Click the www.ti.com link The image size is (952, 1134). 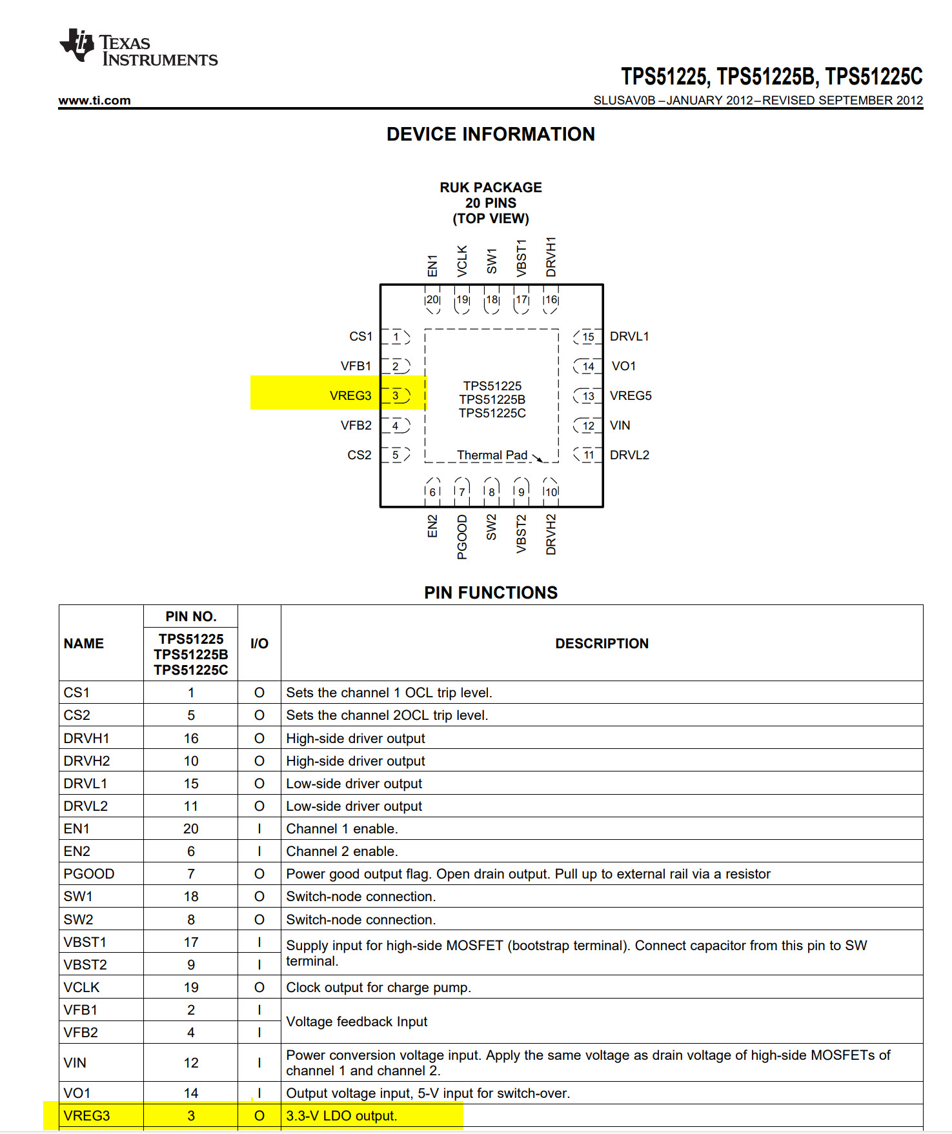[94, 100]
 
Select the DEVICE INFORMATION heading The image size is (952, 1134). [491, 134]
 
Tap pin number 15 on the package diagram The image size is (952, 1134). [588, 337]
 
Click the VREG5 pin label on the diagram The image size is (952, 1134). [631, 395]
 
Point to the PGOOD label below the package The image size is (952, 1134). [462, 537]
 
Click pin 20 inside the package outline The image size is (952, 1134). [432, 300]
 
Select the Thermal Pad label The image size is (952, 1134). [492, 455]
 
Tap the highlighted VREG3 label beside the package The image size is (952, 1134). [350, 395]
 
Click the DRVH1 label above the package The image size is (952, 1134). [551, 257]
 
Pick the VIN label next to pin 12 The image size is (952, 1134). [620, 425]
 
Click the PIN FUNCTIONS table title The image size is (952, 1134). [491, 592]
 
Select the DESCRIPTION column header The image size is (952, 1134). [602, 643]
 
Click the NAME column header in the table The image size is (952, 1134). [84, 643]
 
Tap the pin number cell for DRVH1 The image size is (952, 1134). [191, 738]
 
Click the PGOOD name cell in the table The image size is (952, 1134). [89, 873]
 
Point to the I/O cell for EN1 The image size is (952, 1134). [259, 828]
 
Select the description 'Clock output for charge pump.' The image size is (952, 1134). [378, 987]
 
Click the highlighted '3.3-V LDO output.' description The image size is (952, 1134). [341, 1115]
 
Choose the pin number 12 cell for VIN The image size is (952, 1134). [191, 1062]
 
